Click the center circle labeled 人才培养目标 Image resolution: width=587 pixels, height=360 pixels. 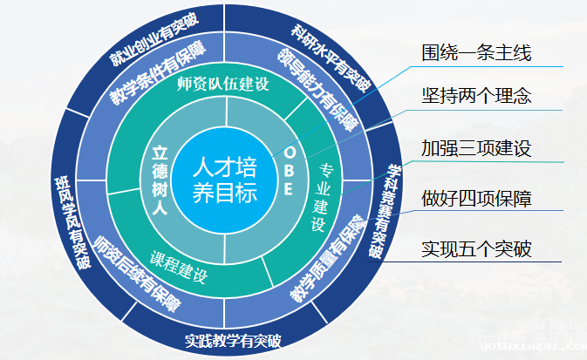(225, 180)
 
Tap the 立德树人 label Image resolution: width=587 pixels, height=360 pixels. (160, 180)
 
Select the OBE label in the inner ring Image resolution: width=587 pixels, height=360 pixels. (289, 171)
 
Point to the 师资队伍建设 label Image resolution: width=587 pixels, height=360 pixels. (223, 85)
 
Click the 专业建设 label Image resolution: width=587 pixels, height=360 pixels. (322, 197)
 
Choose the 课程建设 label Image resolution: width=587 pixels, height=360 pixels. (179, 267)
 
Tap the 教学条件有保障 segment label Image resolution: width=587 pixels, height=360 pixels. (158, 72)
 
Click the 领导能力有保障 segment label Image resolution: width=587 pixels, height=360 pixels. (317, 90)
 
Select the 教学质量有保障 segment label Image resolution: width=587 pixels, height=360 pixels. (328, 258)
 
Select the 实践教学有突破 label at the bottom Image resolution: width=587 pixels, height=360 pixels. (233, 341)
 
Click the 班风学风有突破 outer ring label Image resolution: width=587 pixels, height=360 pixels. (72, 223)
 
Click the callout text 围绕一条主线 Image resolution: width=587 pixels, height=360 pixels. (476, 52)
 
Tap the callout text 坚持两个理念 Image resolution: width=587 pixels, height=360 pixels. (476, 96)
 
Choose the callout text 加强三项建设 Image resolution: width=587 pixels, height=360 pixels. (476, 148)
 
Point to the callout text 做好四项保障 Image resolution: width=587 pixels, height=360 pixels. (476, 199)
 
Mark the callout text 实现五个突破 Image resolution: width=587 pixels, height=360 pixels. (476, 248)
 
